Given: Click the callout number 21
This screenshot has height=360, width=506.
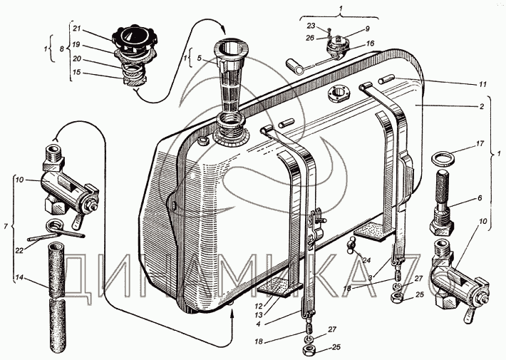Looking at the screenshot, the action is coord(76,28).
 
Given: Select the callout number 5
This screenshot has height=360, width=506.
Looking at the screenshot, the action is coord(200,58).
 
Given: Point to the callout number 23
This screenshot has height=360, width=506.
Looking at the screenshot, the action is coord(311,26).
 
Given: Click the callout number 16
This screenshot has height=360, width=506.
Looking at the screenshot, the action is coord(370,43).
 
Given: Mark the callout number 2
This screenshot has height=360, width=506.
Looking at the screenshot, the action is coord(482,106).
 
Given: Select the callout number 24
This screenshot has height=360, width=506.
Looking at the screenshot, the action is coord(366,260).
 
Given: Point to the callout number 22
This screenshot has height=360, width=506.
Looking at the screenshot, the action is coord(19,250).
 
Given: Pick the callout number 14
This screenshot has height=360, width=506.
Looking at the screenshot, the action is coord(19,278).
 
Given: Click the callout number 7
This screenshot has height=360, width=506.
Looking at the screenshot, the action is coord(6,226).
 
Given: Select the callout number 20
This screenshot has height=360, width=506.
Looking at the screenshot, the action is coord(77,59).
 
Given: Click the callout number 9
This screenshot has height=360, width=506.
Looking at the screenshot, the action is coord(367,29).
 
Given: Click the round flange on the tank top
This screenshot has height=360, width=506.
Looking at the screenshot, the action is coord(339,93).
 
